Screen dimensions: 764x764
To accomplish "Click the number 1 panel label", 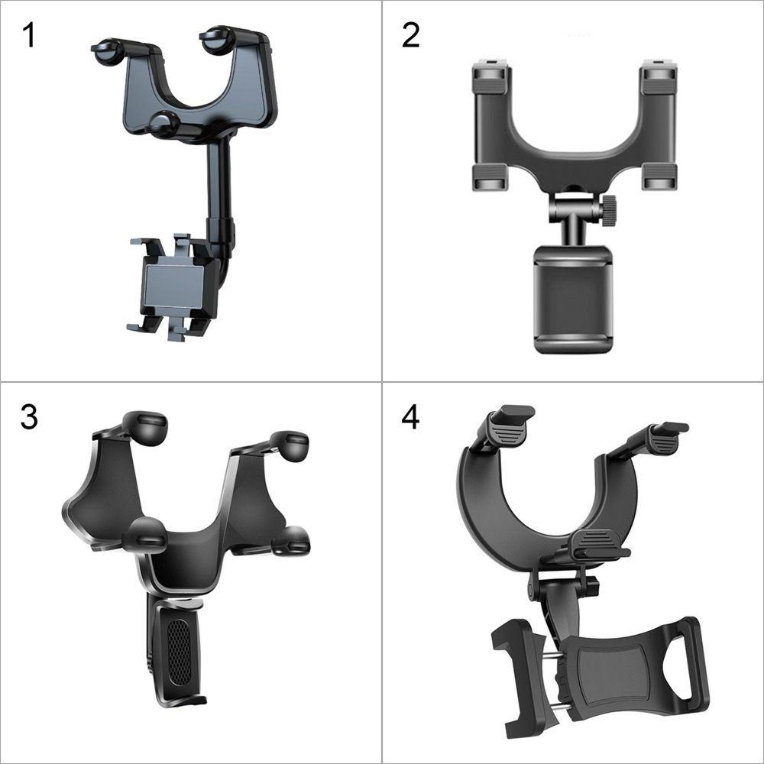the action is point(29,35).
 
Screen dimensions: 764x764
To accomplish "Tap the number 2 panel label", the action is point(411,35).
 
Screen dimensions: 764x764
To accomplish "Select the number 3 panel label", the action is point(29,417).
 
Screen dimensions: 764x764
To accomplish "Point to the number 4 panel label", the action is point(411,417).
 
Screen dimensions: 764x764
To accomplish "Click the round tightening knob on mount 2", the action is point(609,210).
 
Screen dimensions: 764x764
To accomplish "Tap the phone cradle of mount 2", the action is point(572,299).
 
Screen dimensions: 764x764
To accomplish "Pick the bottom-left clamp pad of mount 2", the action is point(490,177).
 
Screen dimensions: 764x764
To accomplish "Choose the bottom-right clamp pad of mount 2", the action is point(659,177).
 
